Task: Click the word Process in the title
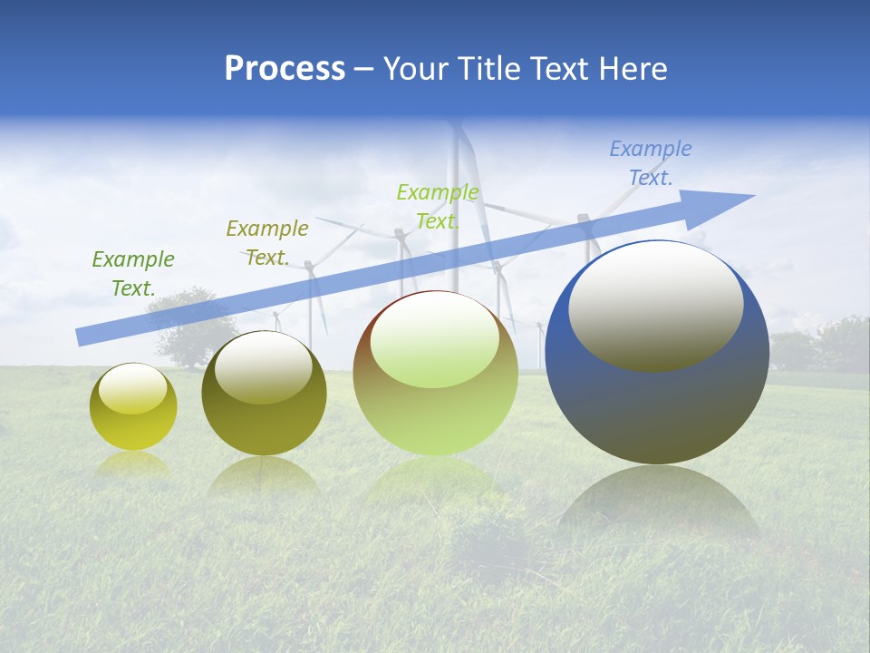pos(285,69)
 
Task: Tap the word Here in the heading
pos(631,69)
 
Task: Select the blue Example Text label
pos(650,163)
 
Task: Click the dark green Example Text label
pos(132,273)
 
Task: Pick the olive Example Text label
pos(266,242)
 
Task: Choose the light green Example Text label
pos(437,206)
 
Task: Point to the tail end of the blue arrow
pos(82,337)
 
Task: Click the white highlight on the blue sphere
pos(655,305)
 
